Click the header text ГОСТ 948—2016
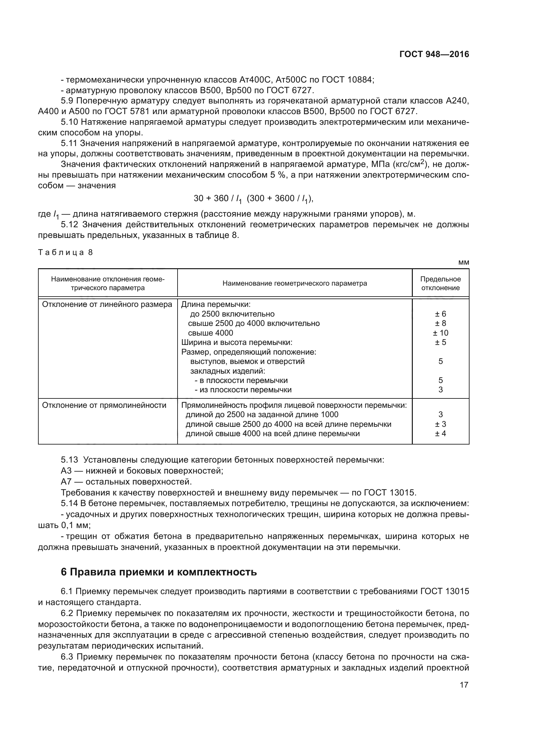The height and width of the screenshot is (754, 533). tap(434, 54)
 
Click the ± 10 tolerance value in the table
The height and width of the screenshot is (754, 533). tap(440, 333)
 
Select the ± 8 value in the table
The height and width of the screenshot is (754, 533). tap(440, 323)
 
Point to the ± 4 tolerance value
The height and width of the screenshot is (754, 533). tap(440, 434)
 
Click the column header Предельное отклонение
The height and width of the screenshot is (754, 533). tap(440, 283)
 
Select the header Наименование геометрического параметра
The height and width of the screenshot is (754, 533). tap(295, 283)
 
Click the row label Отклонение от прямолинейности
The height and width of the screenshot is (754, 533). tap(104, 405)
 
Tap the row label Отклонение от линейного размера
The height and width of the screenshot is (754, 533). tap(107, 304)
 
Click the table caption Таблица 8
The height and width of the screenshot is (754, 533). tap(66, 252)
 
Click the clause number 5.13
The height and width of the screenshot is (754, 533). tap(69, 460)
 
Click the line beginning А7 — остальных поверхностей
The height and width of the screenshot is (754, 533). tap(126, 482)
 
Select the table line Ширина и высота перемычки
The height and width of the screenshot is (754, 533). tap(237, 342)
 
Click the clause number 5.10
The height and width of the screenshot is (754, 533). tap(69, 122)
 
